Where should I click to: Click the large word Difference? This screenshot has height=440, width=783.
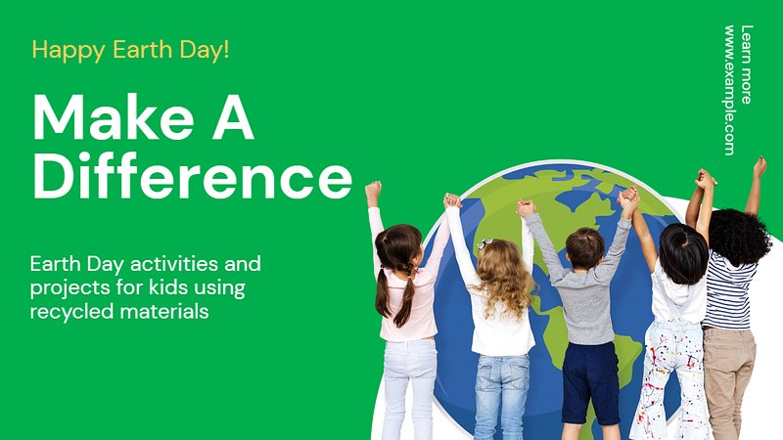pos(193,176)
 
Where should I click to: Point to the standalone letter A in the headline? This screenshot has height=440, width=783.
pos(233,117)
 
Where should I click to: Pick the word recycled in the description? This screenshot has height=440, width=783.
pos(72,312)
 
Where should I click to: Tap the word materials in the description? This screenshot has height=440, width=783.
pos(164,312)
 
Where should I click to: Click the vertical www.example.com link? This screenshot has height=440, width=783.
pos(729,90)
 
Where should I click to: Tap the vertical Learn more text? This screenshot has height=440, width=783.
pos(747,65)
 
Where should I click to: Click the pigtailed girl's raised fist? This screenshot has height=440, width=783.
pos(373,190)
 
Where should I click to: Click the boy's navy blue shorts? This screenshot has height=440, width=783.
pos(590,381)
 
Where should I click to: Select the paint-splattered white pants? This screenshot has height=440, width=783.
pos(670,379)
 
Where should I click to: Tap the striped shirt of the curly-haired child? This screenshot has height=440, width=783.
pos(729,292)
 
